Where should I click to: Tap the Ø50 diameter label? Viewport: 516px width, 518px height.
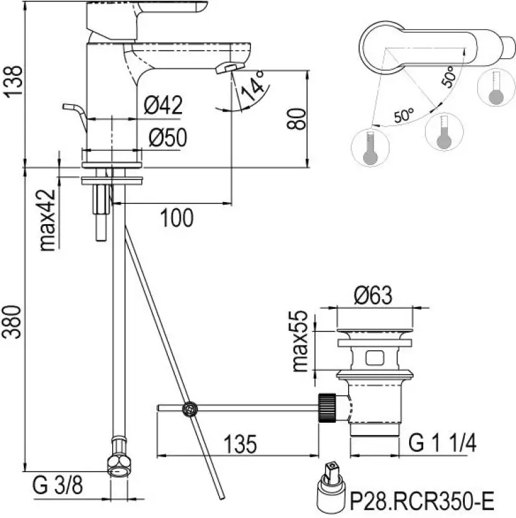(167, 137)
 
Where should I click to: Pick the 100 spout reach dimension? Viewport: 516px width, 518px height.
(176, 219)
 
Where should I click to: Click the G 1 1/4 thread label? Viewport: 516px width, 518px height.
(443, 444)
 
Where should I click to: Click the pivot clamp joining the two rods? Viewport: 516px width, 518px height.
(189, 408)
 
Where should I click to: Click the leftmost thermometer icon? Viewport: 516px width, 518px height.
(369, 148)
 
